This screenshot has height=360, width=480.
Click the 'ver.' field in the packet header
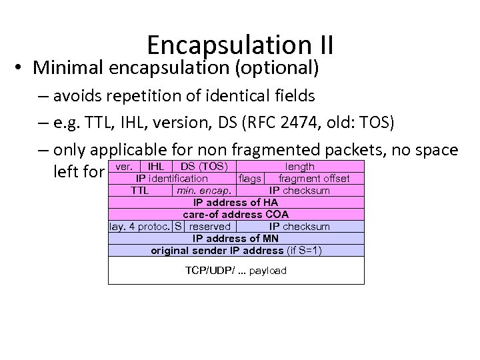point(125,166)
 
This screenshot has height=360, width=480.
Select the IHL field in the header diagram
point(156,166)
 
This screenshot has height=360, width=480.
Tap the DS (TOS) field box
point(204,166)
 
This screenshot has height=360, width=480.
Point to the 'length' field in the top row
point(299,166)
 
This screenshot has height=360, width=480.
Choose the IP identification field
point(172,178)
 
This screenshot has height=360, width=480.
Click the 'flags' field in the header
point(249,178)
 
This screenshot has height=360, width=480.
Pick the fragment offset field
point(313,178)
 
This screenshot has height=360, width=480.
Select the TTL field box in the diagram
point(140,190)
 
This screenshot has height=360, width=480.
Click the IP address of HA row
point(236,202)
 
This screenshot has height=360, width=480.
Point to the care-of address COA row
point(236,214)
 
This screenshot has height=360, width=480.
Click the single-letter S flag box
point(177,226)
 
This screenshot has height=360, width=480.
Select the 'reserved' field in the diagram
point(209,226)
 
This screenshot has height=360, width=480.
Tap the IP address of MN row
point(236,238)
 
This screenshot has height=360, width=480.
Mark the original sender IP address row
point(236,250)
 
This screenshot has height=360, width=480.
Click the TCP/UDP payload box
point(236,270)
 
